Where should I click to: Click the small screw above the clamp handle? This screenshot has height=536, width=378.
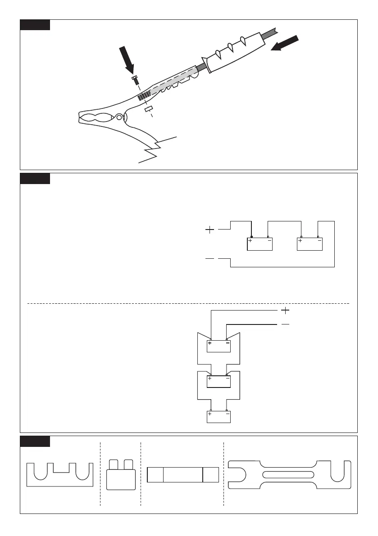[134, 81]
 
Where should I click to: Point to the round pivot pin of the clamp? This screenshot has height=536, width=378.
[119, 118]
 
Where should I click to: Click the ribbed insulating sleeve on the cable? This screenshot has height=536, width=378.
[234, 53]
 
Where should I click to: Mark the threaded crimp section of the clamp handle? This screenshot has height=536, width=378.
[144, 95]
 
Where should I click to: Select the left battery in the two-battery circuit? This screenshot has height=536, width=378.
[260, 243]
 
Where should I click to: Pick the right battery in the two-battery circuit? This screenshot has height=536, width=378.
[310, 243]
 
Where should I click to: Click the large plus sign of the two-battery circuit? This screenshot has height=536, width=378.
[210, 230]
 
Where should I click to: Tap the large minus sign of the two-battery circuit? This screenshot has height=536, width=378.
[210, 259]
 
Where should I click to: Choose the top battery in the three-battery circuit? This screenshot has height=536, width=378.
[219, 346]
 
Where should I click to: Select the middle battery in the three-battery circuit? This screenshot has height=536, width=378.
[219, 382]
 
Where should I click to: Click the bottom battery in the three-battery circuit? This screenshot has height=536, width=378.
[219, 416]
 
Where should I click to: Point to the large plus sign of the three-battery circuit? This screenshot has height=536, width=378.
[285, 310]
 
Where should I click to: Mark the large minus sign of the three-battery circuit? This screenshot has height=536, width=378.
[285, 324]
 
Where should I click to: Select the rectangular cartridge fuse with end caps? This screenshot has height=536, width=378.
[183, 475]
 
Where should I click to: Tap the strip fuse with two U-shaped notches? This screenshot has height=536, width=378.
[60, 475]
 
